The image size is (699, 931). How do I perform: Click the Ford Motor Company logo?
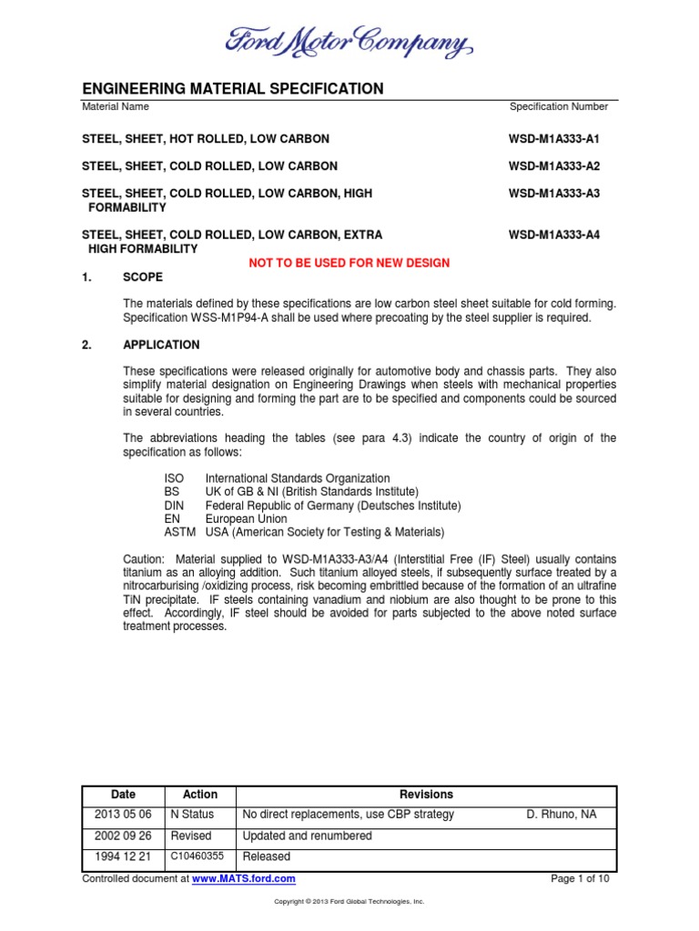[349, 41]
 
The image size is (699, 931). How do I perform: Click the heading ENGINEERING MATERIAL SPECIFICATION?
[233, 88]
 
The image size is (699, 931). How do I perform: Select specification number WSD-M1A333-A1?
[554, 139]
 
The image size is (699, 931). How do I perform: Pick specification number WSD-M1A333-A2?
[554, 166]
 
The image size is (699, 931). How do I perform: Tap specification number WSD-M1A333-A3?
[554, 194]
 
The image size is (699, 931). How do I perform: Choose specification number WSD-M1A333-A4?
[554, 235]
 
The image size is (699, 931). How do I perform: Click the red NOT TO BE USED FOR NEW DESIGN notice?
[349, 263]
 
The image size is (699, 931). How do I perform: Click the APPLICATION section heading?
[161, 345]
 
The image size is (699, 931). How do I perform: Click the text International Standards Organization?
[298, 478]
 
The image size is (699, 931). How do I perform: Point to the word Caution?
[143, 558]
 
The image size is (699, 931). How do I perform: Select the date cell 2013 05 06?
[122, 815]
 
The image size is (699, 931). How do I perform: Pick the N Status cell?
[192, 815]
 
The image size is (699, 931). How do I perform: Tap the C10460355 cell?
[198, 856]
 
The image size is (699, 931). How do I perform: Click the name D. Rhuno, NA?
[562, 815]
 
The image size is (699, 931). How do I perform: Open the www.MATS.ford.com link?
[244, 879]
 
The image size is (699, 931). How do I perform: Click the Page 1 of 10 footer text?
[581, 879]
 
